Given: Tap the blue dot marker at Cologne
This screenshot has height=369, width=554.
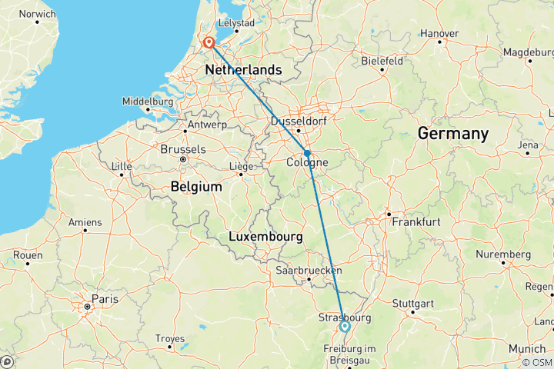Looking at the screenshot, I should point(307,153).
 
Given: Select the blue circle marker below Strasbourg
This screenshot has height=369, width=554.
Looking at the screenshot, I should point(345,327).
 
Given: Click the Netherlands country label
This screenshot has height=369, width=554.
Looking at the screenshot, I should point(243,71).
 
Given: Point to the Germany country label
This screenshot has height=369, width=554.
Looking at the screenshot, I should point(452,134).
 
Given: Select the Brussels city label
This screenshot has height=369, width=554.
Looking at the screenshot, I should point(182,149).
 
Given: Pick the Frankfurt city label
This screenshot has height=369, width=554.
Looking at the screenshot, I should point(415,221).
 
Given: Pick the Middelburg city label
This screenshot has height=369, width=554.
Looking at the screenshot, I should point(148,101).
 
